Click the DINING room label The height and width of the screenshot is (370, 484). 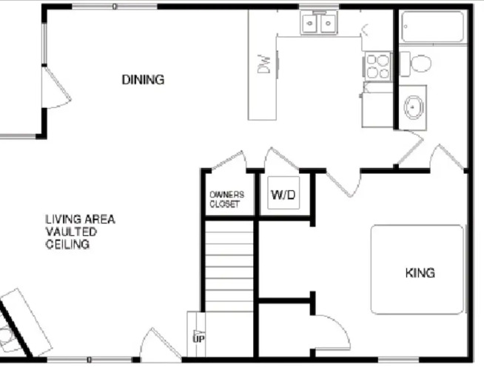coord(143,80)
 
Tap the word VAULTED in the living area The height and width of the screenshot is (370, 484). coord(71,232)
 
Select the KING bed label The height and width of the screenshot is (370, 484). coord(420,273)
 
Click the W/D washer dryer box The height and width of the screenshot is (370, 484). coord(283,192)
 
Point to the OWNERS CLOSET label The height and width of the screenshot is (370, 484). coord(227,199)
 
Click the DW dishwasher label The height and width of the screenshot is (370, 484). coord(264,64)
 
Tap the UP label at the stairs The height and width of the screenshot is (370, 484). coord(199,339)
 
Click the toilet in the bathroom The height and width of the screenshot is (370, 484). coord(415,64)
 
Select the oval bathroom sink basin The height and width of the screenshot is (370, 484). coord(413,107)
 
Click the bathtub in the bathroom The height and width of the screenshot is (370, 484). coord(433,27)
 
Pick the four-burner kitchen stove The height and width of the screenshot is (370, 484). coord(378,67)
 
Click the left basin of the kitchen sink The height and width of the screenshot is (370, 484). coord(310,23)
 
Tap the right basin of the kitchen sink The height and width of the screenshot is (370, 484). coord(329,23)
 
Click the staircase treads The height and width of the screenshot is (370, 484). coord(229,266)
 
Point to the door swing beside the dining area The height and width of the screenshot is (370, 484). coord(56,87)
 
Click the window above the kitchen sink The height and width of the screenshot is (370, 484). coord(319,6)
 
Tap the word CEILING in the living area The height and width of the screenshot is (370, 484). coord(67,244)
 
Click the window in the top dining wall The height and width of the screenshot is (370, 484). coord(115,6)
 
